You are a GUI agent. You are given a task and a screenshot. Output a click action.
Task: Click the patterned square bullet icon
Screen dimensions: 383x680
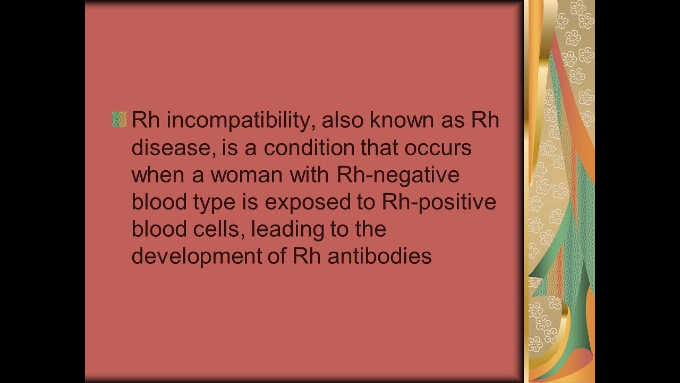coord(119,119)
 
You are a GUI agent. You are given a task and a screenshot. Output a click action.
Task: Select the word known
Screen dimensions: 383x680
coord(409,120)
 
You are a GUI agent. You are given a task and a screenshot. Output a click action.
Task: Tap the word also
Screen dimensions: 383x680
coord(342,120)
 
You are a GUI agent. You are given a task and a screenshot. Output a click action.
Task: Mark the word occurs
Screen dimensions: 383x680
coord(438,147)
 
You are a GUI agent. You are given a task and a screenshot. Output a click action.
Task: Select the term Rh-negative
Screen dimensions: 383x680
coord(398,175)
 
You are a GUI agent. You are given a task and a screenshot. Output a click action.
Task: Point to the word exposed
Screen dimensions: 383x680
coord(307,203)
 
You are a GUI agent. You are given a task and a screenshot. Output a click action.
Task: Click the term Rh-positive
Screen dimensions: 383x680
coord(439,202)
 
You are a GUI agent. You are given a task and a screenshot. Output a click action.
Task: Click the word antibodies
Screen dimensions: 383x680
coord(379,256)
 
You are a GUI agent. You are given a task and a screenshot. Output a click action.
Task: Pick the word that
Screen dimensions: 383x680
coord(380,147)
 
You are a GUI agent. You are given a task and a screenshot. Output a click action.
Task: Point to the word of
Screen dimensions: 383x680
coord(277,256)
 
